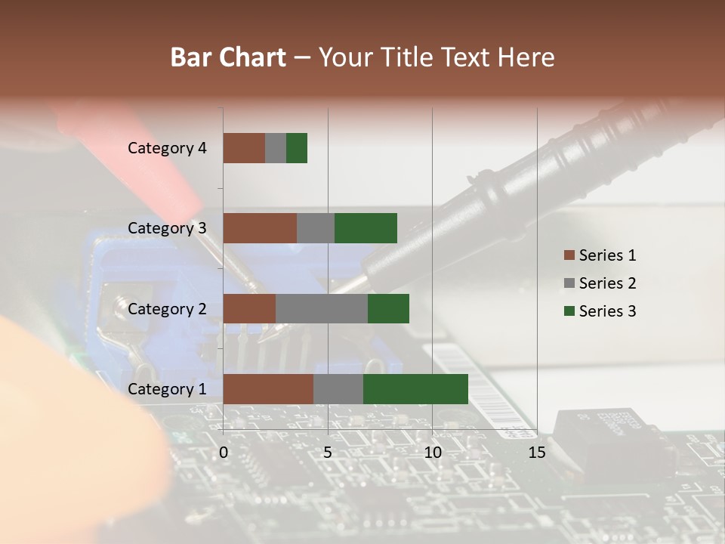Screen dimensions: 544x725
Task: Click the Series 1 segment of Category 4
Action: pyautogui.click(x=244, y=148)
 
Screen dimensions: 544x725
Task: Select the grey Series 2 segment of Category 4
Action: pyautogui.click(x=276, y=148)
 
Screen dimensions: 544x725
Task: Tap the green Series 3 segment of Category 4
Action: pyautogui.click(x=297, y=148)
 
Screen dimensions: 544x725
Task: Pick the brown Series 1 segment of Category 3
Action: pyautogui.click(x=260, y=228)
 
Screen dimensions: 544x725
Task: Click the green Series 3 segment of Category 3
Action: pyautogui.click(x=366, y=228)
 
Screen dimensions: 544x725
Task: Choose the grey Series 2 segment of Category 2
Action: pyautogui.click(x=322, y=308)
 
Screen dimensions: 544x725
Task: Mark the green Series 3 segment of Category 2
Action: pyautogui.click(x=388, y=308)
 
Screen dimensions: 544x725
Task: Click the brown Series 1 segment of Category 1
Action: pyautogui.click(x=268, y=389)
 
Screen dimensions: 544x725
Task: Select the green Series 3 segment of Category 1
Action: pyautogui.click(x=415, y=389)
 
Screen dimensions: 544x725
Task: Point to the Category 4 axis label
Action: pyautogui.click(x=167, y=148)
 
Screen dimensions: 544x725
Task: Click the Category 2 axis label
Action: pyautogui.click(x=167, y=308)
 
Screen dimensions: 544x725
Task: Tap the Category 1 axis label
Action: pyautogui.click(x=167, y=389)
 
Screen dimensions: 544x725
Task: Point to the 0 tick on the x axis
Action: pyautogui.click(x=224, y=453)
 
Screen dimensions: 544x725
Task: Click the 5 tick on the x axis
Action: pyautogui.click(x=328, y=453)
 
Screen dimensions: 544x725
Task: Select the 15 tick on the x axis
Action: pyautogui.click(x=537, y=453)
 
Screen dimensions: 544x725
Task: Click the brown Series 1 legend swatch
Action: pyautogui.click(x=569, y=255)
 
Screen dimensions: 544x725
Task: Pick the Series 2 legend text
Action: pyautogui.click(x=607, y=283)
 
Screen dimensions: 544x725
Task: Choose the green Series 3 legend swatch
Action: pyautogui.click(x=569, y=311)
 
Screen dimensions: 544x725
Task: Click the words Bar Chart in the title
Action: pyautogui.click(x=228, y=57)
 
